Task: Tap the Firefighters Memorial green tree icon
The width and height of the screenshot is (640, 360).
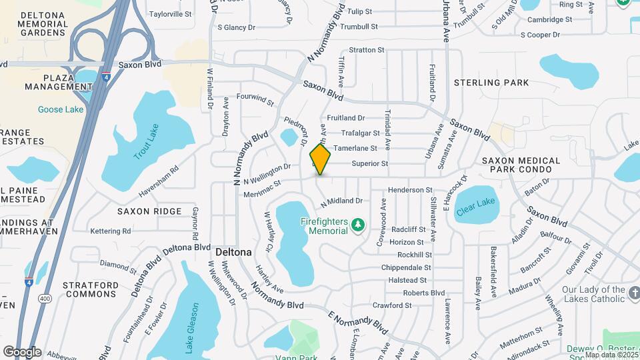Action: [358, 225]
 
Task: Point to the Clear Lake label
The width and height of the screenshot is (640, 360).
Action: [475, 207]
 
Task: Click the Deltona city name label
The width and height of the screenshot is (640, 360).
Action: [233, 253]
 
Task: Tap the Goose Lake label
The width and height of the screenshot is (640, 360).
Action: [60, 109]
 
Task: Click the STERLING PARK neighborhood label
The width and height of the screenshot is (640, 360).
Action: [491, 83]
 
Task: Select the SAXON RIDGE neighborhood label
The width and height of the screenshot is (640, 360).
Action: [149, 211]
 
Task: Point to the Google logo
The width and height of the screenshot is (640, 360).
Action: [22, 351]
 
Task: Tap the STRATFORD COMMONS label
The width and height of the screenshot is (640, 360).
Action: [91, 289]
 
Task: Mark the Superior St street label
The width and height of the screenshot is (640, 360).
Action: [370, 163]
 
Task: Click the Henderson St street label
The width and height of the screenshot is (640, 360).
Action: [410, 190]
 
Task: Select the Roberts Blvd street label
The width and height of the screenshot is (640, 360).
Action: [423, 293]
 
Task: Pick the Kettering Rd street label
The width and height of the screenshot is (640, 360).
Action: [111, 231]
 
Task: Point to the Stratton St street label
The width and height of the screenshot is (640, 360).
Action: [367, 50]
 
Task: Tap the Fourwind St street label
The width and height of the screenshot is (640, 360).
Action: [255, 99]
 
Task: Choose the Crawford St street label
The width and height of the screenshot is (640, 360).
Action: [392, 305]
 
